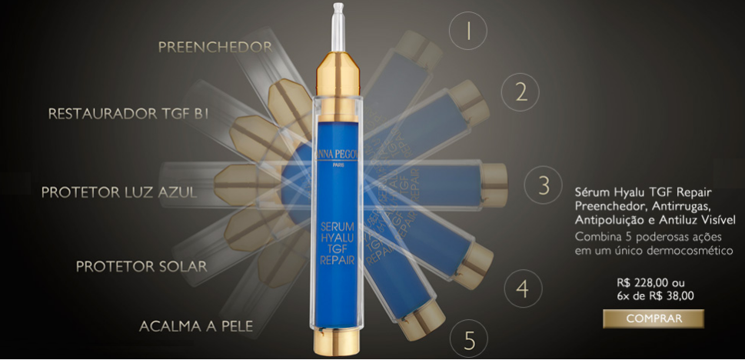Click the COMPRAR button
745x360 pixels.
(x=654, y=318)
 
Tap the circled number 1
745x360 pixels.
(x=468, y=31)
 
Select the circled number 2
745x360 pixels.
(x=521, y=92)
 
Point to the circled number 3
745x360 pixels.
(x=544, y=185)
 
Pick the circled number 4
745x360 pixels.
(x=523, y=288)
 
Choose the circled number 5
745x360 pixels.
(x=469, y=341)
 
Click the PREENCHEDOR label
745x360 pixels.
(x=215, y=47)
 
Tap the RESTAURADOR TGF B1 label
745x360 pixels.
(x=128, y=114)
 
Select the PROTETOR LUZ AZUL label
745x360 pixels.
(x=118, y=192)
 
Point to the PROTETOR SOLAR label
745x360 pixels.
(x=141, y=266)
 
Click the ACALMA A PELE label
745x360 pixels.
(x=196, y=326)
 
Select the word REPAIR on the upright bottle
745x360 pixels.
(x=338, y=260)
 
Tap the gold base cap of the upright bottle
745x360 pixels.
(x=338, y=342)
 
